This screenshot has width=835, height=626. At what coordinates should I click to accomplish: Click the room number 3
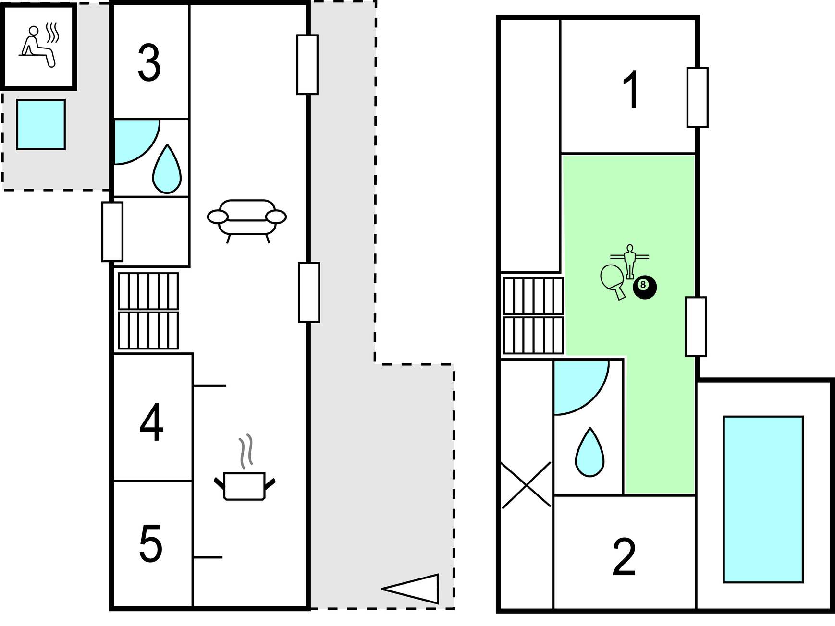pos(149,64)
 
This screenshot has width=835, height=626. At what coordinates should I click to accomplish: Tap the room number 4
pos(151,423)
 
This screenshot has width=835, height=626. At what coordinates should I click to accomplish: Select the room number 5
pos(151,544)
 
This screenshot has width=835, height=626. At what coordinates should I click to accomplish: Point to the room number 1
pos(630,90)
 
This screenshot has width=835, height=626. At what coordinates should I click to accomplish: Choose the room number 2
pos(624,557)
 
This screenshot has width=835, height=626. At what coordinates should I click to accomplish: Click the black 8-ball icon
pos(644,287)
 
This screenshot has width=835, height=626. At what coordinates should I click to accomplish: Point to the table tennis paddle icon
pos(613,280)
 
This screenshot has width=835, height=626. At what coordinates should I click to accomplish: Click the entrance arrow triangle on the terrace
pos(412,589)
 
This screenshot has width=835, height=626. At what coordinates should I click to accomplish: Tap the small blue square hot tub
pos(41,124)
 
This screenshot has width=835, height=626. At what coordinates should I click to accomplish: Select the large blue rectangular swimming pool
pos(763,499)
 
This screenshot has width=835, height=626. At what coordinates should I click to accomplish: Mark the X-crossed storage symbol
pos(526,485)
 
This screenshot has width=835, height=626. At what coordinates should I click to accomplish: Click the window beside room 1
pos(697,97)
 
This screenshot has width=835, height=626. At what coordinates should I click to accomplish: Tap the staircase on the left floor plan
pos(148,311)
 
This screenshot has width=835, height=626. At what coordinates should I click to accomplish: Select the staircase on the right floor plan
pos(533,315)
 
